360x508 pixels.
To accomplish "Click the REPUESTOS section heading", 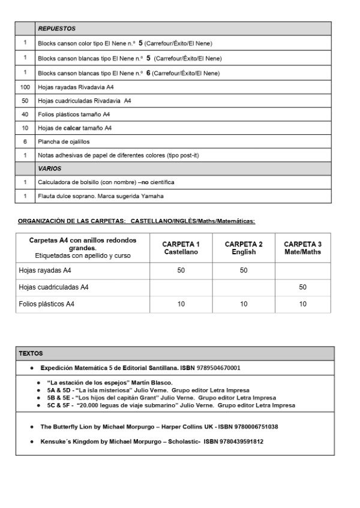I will click(x=56, y=29).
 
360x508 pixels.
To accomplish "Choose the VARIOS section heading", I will click(x=50, y=169).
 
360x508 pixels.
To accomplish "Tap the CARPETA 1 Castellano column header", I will click(x=181, y=248).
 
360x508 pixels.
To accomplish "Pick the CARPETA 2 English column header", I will click(x=244, y=248).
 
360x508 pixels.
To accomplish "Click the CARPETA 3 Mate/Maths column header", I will click(x=302, y=248).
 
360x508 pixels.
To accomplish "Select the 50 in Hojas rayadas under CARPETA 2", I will click(x=244, y=271).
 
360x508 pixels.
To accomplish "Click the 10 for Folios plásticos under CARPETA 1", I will click(x=181, y=305).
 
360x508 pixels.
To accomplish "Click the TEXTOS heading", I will click(x=31, y=354).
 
